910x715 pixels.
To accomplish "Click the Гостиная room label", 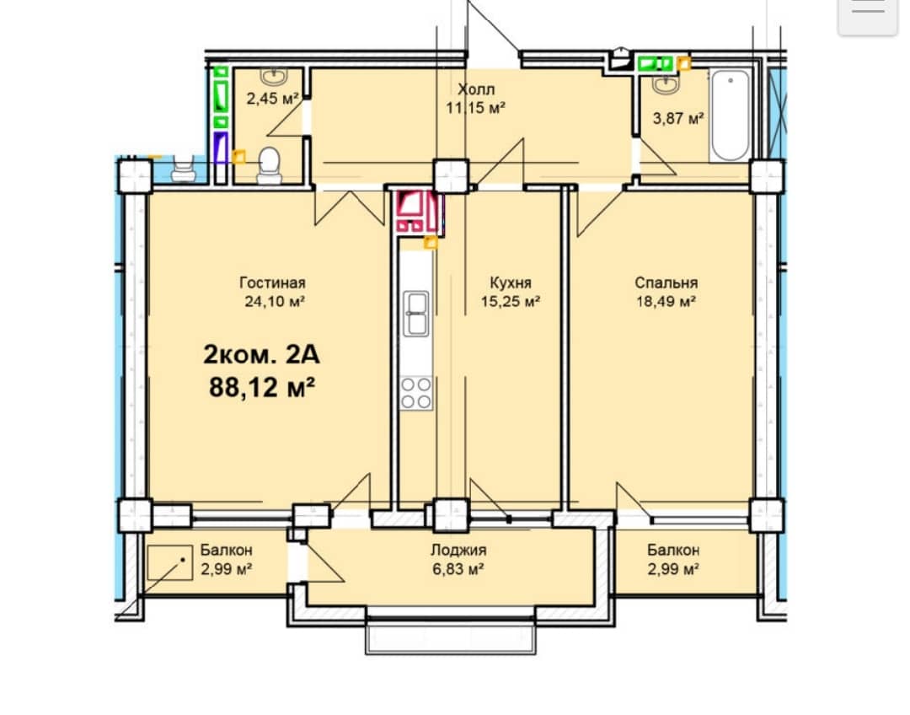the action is coord(272,282).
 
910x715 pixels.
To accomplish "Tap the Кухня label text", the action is coord(510,282).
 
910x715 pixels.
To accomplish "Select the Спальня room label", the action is coord(666,282).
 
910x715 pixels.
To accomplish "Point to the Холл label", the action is coord(476,89).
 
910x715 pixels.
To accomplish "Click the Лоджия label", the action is coord(458,550).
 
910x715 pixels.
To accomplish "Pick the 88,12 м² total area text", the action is coord(262,386).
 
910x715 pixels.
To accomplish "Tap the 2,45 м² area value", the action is coord(272,98).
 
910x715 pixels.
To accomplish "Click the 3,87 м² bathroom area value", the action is coord(677,119).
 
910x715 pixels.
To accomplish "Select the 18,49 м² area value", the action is coord(666,302).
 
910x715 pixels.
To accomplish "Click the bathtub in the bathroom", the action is coord(730,116).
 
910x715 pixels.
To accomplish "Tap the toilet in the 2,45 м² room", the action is coord(269,164).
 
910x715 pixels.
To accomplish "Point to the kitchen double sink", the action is coord(416,314).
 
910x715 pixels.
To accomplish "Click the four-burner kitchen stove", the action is coord(416,393).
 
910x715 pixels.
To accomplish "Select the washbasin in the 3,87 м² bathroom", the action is coord(665,84).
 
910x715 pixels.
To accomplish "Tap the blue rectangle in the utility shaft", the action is coord(221,148).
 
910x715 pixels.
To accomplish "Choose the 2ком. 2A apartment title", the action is coord(262,354).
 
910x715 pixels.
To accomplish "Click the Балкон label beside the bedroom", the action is coord(673,550).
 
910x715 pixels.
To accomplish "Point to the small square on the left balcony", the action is coord(169,562).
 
